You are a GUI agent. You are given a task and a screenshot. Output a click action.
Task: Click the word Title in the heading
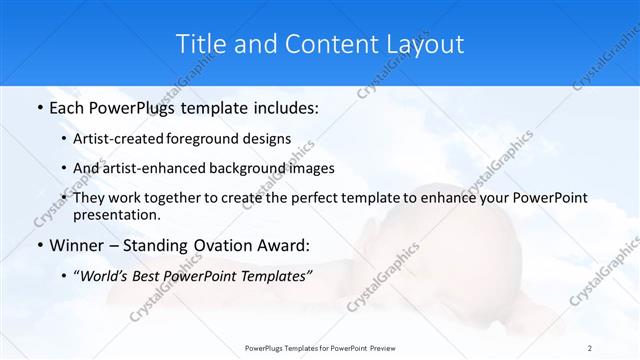point(199,44)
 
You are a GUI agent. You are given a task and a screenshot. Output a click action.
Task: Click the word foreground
point(216,139)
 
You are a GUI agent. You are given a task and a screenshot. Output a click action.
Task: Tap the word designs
point(270,139)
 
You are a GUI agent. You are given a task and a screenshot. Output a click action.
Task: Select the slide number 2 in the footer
point(590,347)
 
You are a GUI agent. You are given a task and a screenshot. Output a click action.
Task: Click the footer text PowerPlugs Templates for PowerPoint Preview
point(320,347)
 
